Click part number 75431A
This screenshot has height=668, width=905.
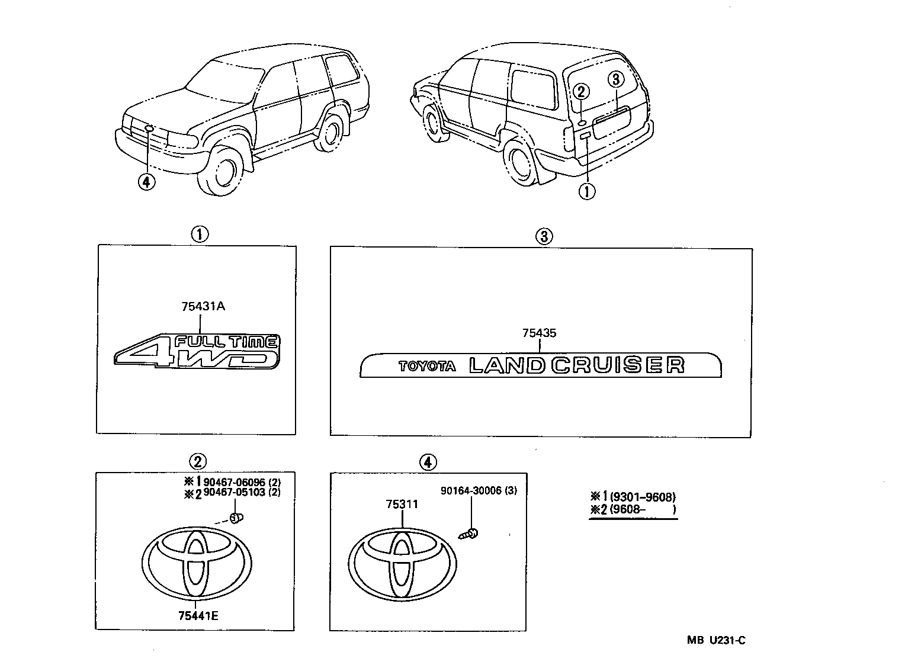click(x=203, y=307)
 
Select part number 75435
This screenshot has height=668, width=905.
click(x=539, y=333)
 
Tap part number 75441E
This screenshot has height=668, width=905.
click(x=198, y=616)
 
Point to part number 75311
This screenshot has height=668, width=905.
click(x=402, y=505)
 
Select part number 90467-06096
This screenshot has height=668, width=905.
click(x=234, y=483)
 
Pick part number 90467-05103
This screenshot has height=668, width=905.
click(x=234, y=492)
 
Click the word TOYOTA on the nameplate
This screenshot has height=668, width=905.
click(x=427, y=367)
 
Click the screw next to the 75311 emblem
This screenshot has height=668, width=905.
click(x=469, y=534)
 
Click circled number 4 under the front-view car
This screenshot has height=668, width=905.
click(x=146, y=181)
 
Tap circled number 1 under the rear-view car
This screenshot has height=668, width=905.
click(x=587, y=191)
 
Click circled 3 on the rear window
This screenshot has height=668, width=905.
click(x=615, y=79)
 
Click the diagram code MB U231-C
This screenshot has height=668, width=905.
click(x=715, y=640)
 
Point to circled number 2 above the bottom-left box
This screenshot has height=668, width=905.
click(x=197, y=461)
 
